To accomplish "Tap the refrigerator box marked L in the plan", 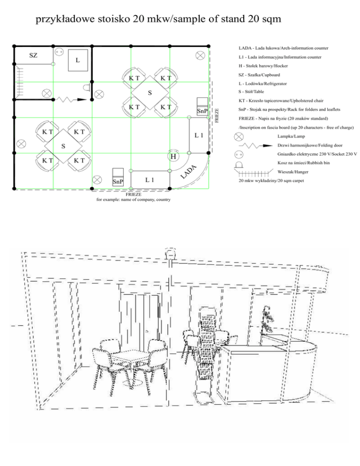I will point(78,60).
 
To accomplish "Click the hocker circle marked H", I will point(173,156).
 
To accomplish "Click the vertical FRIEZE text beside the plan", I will point(217,115).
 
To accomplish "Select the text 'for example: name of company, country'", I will point(133,200).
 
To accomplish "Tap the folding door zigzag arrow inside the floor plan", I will point(70,99).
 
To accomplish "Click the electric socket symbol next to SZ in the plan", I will point(59,52).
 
